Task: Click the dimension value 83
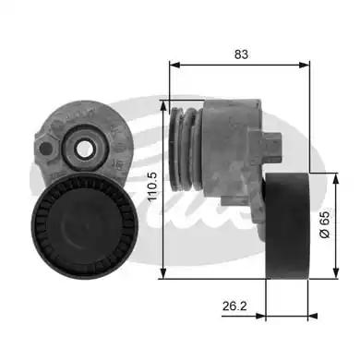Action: point(241,55)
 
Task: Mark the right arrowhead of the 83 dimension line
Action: point(307,66)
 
